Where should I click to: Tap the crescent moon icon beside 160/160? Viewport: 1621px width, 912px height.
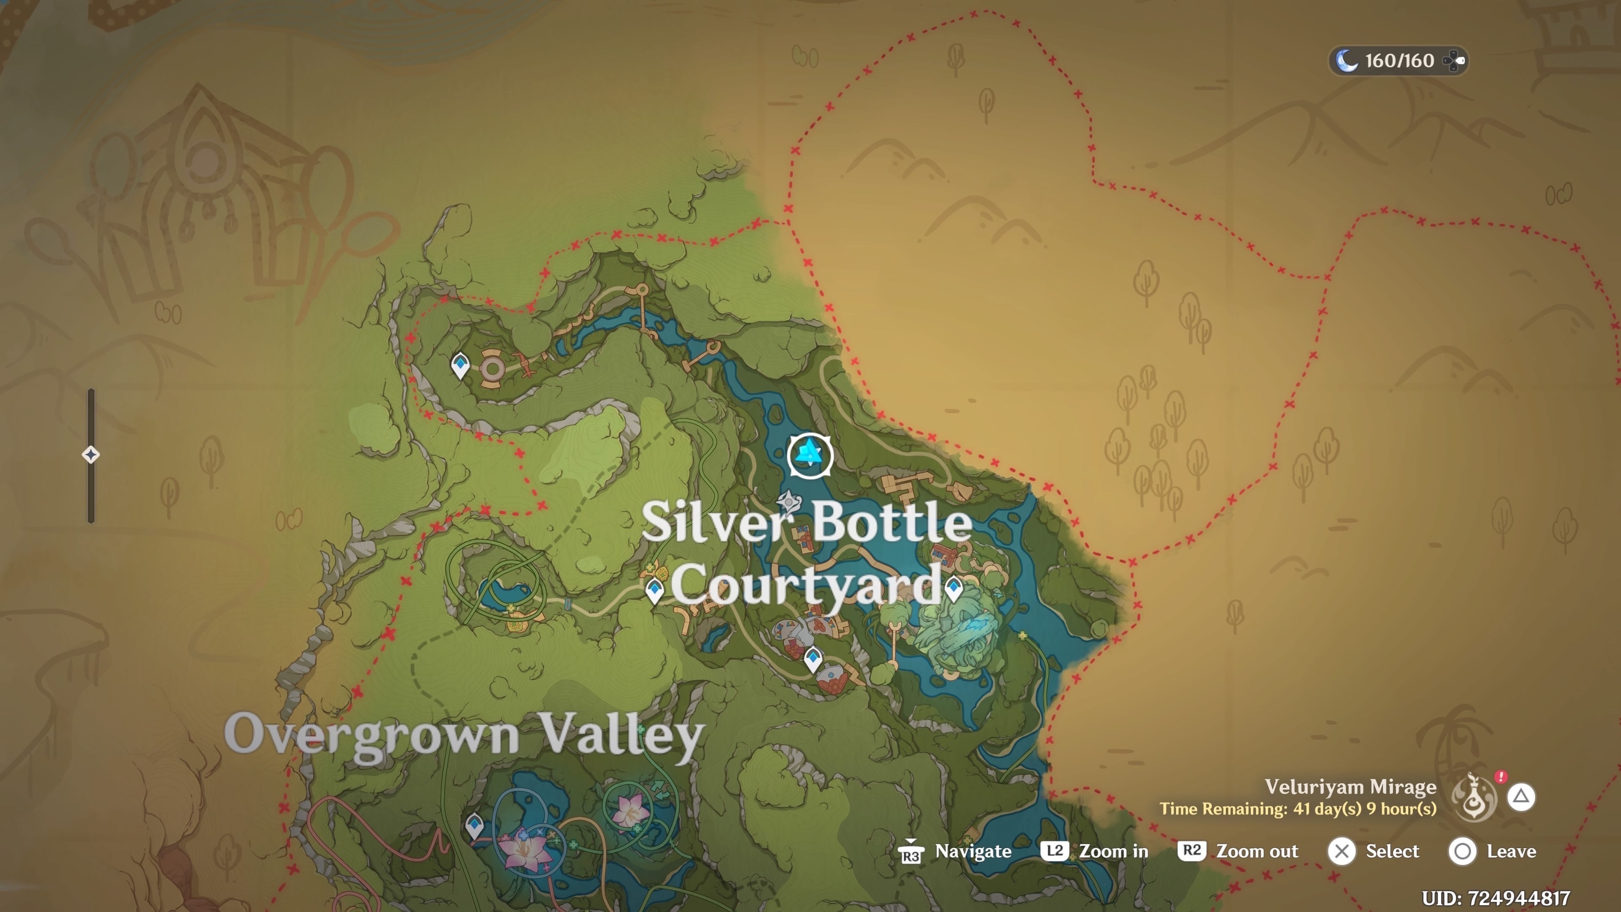(1346, 61)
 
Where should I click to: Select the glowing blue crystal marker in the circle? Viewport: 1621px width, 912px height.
(810, 455)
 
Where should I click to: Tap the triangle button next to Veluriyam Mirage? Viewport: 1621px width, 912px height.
(1521, 797)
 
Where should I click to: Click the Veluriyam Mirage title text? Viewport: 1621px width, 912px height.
(1350, 787)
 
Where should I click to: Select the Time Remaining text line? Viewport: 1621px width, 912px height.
(1298, 809)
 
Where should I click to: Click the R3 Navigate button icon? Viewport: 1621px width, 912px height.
(911, 852)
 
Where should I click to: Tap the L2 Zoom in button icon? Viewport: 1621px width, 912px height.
(1054, 851)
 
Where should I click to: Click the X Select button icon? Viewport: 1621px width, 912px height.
(1342, 852)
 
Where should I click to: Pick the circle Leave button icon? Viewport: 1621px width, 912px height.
(1462, 852)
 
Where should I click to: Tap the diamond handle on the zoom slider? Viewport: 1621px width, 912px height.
(91, 454)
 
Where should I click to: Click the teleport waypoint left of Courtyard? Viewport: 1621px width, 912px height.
(654, 590)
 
